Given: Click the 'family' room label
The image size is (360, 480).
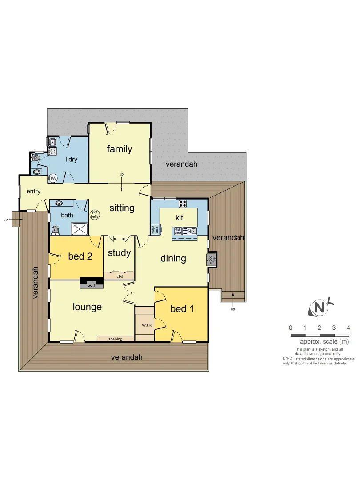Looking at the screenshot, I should click(x=119, y=149).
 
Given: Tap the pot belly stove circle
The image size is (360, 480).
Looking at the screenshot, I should click(x=95, y=214).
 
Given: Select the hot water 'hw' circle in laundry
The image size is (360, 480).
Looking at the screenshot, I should click(x=53, y=178).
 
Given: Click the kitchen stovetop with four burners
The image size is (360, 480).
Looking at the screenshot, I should click(x=182, y=204).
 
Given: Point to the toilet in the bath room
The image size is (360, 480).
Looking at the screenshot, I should click(x=56, y=230).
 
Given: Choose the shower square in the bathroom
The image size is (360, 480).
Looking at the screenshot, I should click(x=80, y=229).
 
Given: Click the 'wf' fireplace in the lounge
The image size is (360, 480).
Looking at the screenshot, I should click(x=91, y=284).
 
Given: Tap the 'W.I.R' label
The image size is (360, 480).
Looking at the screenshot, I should click(x=144, y=324).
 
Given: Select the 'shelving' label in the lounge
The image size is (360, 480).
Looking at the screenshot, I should click(x=115, y=339).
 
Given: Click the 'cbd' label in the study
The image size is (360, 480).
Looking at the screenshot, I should click(x=119, y=276).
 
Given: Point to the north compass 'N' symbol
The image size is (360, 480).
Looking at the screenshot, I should click(x=319, y=308).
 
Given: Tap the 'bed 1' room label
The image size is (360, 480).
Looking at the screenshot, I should click(x=181, y=308).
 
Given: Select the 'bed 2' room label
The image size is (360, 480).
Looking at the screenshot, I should click(x=80, y=256).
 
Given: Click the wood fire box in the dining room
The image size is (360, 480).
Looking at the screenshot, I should click(x=211, y=260).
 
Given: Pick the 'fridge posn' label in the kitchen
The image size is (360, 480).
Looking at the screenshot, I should click(x=155, y=229).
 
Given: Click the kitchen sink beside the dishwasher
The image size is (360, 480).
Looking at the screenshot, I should click(x=191, y=231).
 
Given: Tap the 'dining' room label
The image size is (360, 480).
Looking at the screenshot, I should click(x=173, y=258).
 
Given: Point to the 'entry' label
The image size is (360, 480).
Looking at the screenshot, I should click(x=33, y=192).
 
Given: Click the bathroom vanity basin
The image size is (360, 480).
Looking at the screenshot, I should click(x=59, y=204).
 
